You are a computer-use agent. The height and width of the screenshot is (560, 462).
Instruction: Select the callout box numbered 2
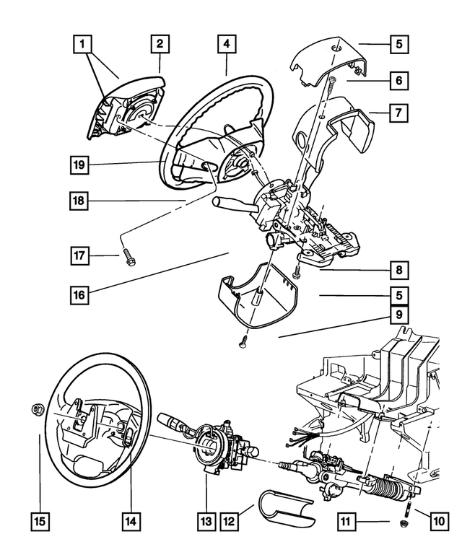[160, 45]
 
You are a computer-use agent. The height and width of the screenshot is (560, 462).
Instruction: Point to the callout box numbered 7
[398, 112]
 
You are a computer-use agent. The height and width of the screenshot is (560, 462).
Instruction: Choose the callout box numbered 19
[80, 165]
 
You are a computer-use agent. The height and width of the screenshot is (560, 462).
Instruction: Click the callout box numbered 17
[80, 255]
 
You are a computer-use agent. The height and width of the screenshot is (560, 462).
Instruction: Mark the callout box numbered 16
[80, 294]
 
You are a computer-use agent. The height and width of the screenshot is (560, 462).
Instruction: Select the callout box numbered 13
[206, 519]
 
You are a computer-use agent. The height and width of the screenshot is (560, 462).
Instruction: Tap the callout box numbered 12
[229, 519]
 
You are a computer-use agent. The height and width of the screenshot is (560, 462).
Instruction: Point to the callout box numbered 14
[131, 519]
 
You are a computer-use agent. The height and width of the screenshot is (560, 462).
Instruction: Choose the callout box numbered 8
[398, 271]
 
